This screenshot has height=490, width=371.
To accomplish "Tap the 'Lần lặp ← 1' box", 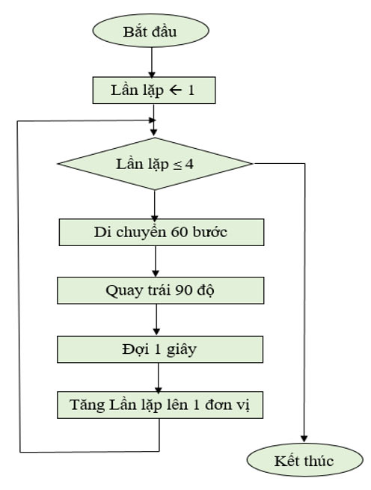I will (153, 91).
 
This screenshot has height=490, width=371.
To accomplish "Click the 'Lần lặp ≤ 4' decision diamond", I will (155, 164).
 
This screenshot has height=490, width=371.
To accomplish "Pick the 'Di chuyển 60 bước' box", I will (161, 232).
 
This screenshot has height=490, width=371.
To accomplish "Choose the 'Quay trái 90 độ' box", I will (161, 290).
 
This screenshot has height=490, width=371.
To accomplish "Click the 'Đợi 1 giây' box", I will (161, 349).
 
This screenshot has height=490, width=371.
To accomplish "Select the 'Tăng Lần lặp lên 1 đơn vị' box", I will (161, 406).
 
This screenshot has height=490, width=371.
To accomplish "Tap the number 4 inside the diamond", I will (190, 164).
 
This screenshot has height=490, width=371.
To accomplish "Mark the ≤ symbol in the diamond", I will (178, 164).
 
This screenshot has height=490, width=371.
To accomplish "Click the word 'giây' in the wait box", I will (179, 349).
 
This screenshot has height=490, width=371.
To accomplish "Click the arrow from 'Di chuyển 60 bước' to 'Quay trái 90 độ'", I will (155, 261).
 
